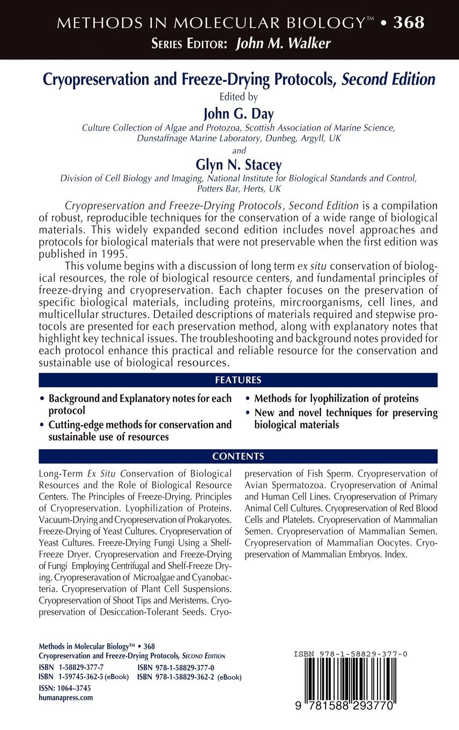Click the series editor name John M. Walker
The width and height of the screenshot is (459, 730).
(x=283, y=44)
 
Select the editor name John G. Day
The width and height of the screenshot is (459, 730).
(x=238, y=113)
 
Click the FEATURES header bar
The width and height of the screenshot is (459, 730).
(x=238, y=380)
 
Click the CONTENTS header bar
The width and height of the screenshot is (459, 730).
(x=238, y=457)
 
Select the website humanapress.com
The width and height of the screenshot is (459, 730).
(x=66, y=697)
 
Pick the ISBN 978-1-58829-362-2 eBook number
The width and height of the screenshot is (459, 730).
(x=189, y=677)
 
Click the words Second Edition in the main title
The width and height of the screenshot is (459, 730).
(x=389, y=79)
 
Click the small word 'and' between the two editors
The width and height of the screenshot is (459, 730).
(x=238, y=150)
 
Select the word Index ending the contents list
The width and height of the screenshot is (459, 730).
(x=396, y=554)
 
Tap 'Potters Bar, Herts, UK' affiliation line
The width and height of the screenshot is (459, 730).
(x=238, y=189)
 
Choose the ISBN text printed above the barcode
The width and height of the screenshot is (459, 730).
(x=350, y=654)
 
